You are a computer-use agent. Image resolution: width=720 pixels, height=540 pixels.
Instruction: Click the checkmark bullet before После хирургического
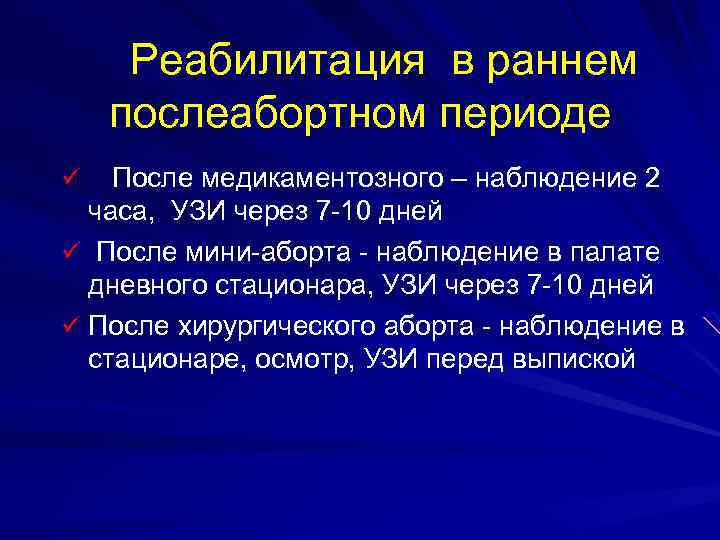(x=69, y=324)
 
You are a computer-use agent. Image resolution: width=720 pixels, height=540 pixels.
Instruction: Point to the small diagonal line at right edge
(x=709, y=323)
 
